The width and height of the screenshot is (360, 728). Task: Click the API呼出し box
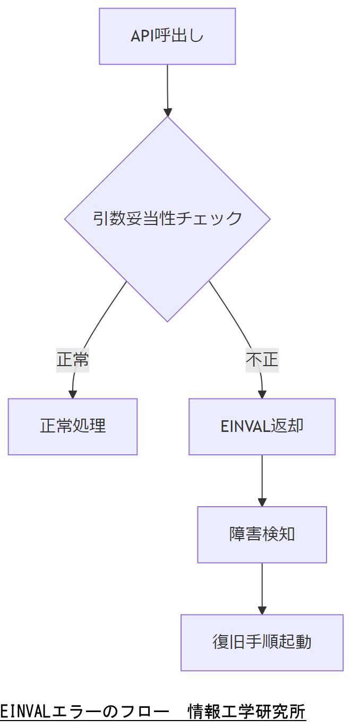[167, 36]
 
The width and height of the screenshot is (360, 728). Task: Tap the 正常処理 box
[73, 426]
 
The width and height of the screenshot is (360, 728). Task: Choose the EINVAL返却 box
[262, 426]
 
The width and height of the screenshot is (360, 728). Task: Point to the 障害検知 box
[262, 534]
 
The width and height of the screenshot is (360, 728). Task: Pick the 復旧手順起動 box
[262, 642]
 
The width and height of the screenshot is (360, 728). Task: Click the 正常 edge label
[73, 359]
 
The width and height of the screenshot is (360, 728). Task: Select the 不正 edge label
[262, 359]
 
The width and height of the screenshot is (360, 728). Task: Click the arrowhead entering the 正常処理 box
[73, 394]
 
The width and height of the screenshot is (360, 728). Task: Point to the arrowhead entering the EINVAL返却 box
[262, 394]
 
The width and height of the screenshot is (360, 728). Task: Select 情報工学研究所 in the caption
[247, 710]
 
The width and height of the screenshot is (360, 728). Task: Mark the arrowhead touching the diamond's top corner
[168, 112]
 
